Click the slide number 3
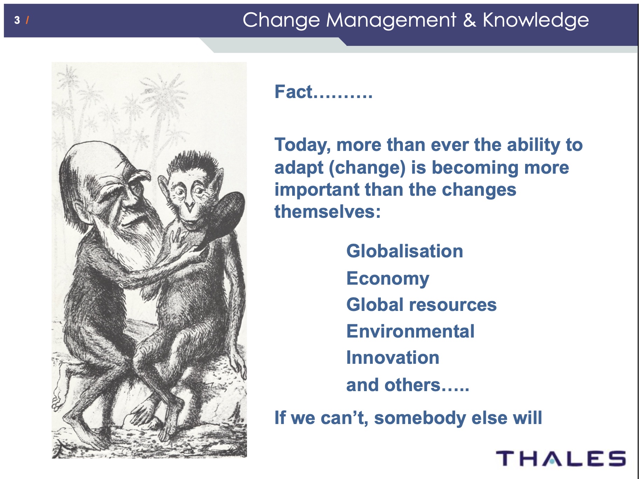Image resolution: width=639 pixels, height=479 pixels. [x=17, y=20]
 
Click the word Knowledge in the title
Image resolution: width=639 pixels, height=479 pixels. [x=536, y=20]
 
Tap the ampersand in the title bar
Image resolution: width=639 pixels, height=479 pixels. [x=469, y=20]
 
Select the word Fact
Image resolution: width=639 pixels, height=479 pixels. [x=293, y=92]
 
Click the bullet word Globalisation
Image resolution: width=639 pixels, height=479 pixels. [x=405, y=251]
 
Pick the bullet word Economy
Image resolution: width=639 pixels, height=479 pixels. [x=388, y=279]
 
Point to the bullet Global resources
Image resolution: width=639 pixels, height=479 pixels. [x=421, y=304]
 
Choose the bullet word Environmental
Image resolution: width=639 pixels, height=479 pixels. [x=410, y=331]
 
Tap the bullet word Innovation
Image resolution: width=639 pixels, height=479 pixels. [x=393, y=357]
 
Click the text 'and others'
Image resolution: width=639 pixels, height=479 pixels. [x=393, y=385]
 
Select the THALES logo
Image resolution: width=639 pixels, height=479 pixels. [x=561, y=459]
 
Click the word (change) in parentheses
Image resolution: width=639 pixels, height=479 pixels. [x=367, y=168]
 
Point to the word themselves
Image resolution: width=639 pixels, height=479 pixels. [x=327, y=211]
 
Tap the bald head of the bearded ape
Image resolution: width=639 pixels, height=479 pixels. [x=89, y=158]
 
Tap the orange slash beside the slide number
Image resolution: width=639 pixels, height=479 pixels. [x=27, y=20]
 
